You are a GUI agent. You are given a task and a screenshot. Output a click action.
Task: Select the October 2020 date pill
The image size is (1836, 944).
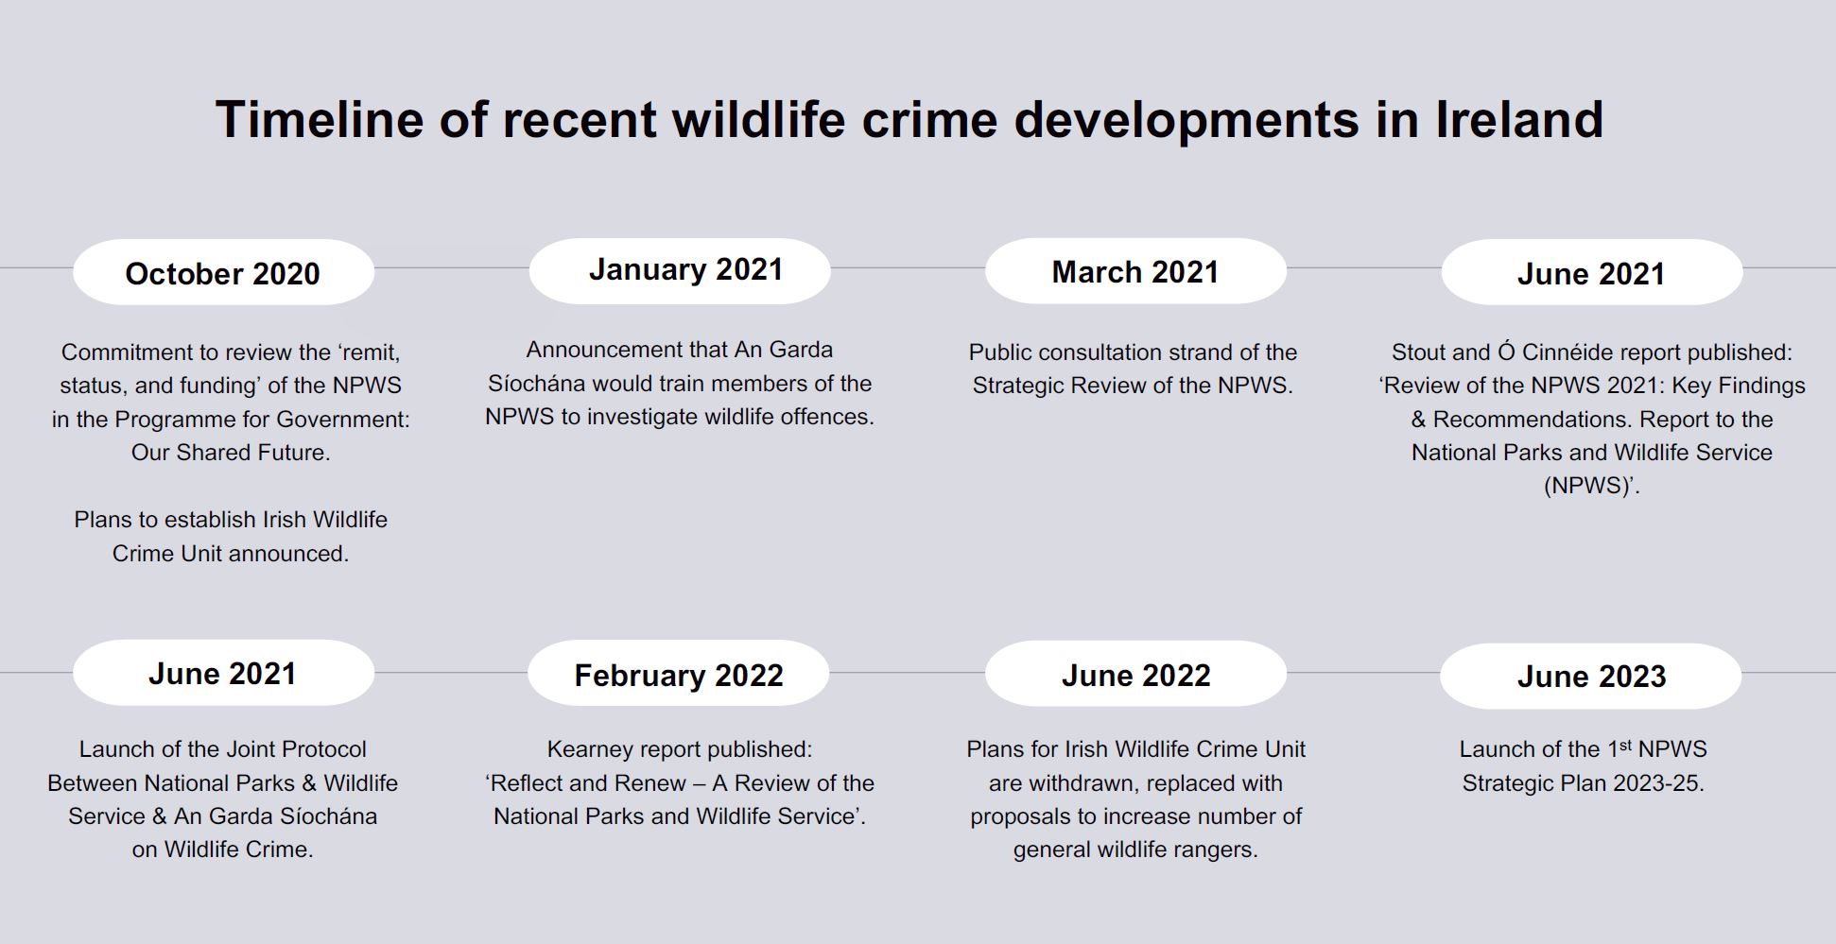223,272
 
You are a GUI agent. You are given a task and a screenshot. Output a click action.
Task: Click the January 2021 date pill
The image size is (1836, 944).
680,270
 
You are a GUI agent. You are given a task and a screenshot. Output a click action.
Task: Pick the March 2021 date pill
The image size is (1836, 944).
1135,271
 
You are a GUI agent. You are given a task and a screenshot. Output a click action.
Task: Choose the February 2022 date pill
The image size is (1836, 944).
678,674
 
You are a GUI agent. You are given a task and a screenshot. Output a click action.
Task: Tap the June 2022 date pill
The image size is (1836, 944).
1135,674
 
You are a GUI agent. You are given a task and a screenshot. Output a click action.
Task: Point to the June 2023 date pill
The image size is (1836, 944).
1590,676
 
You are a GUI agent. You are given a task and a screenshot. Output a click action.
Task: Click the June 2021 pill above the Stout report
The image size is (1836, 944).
1591,272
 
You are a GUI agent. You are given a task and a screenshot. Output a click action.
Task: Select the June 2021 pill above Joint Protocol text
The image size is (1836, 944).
223,673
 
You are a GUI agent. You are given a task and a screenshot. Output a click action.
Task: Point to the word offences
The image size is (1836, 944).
825,417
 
